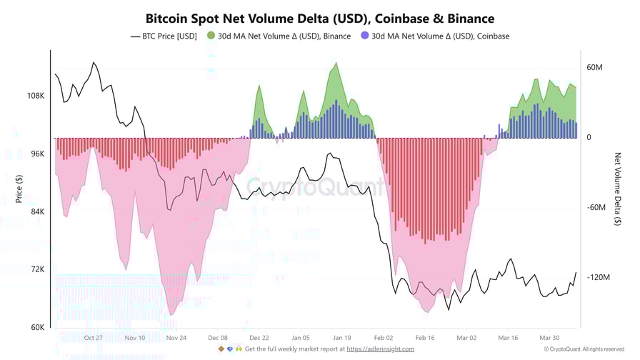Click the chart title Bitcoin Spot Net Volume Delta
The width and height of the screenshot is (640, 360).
(x=320, y=19)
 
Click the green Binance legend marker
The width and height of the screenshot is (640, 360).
(x=211, y=36)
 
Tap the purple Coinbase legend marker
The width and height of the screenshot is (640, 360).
(x=365, y=36)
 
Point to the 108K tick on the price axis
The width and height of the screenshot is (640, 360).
(x=36, y=96)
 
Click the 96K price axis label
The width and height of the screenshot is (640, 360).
(x=37, y=154)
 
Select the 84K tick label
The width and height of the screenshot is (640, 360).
(x=37, y=211)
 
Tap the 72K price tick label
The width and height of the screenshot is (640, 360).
(x=37, y=269)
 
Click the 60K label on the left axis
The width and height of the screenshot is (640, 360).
(x=37, y=327)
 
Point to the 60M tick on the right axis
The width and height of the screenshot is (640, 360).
(x=595, y=67)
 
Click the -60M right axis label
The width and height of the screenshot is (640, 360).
(x=596, y=207)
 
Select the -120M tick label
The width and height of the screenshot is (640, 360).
(x=598, y=277)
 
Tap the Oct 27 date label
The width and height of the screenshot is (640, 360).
(x=93, y=338)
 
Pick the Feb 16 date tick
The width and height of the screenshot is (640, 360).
(x=425, y=338)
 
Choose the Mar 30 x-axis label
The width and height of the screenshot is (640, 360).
(x=549, y=338)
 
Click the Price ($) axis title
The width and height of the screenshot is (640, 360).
(x=19, y=187)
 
